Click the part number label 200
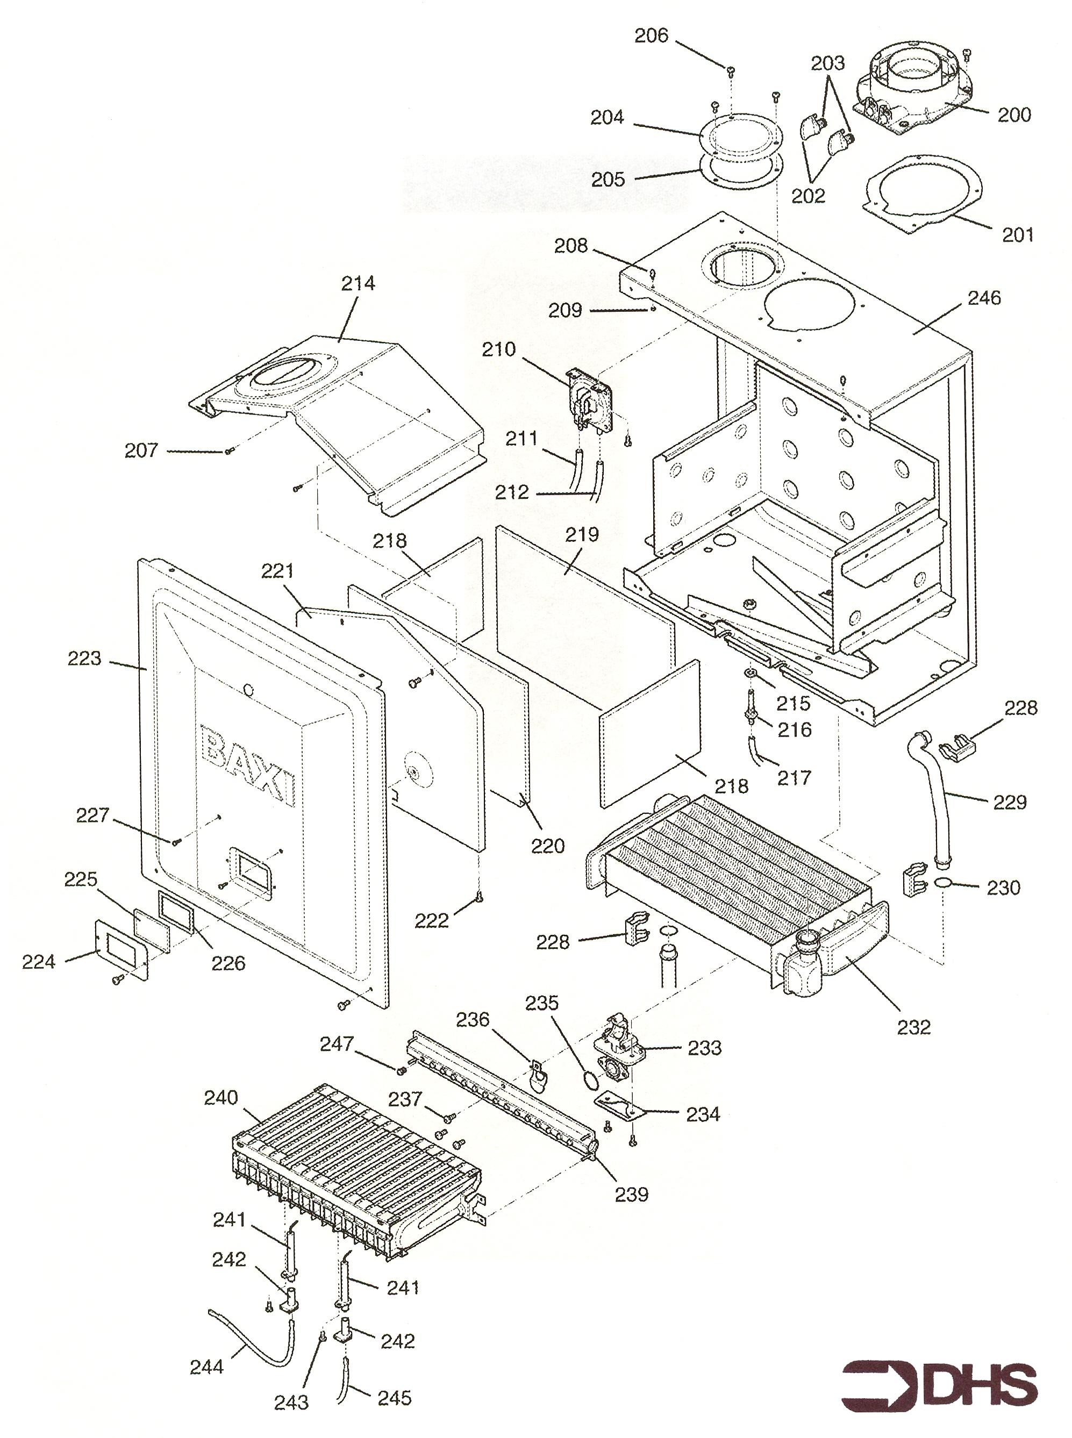[1014, 115]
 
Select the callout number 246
[984, 298]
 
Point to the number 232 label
[913, 1027]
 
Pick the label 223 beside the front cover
[84, 658]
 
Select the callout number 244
[206, 1367]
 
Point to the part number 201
[1018, 234]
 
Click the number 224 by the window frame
[38, 962]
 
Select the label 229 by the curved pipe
[1010, 802]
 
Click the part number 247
[336, 1043]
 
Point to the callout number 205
[608, 179]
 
